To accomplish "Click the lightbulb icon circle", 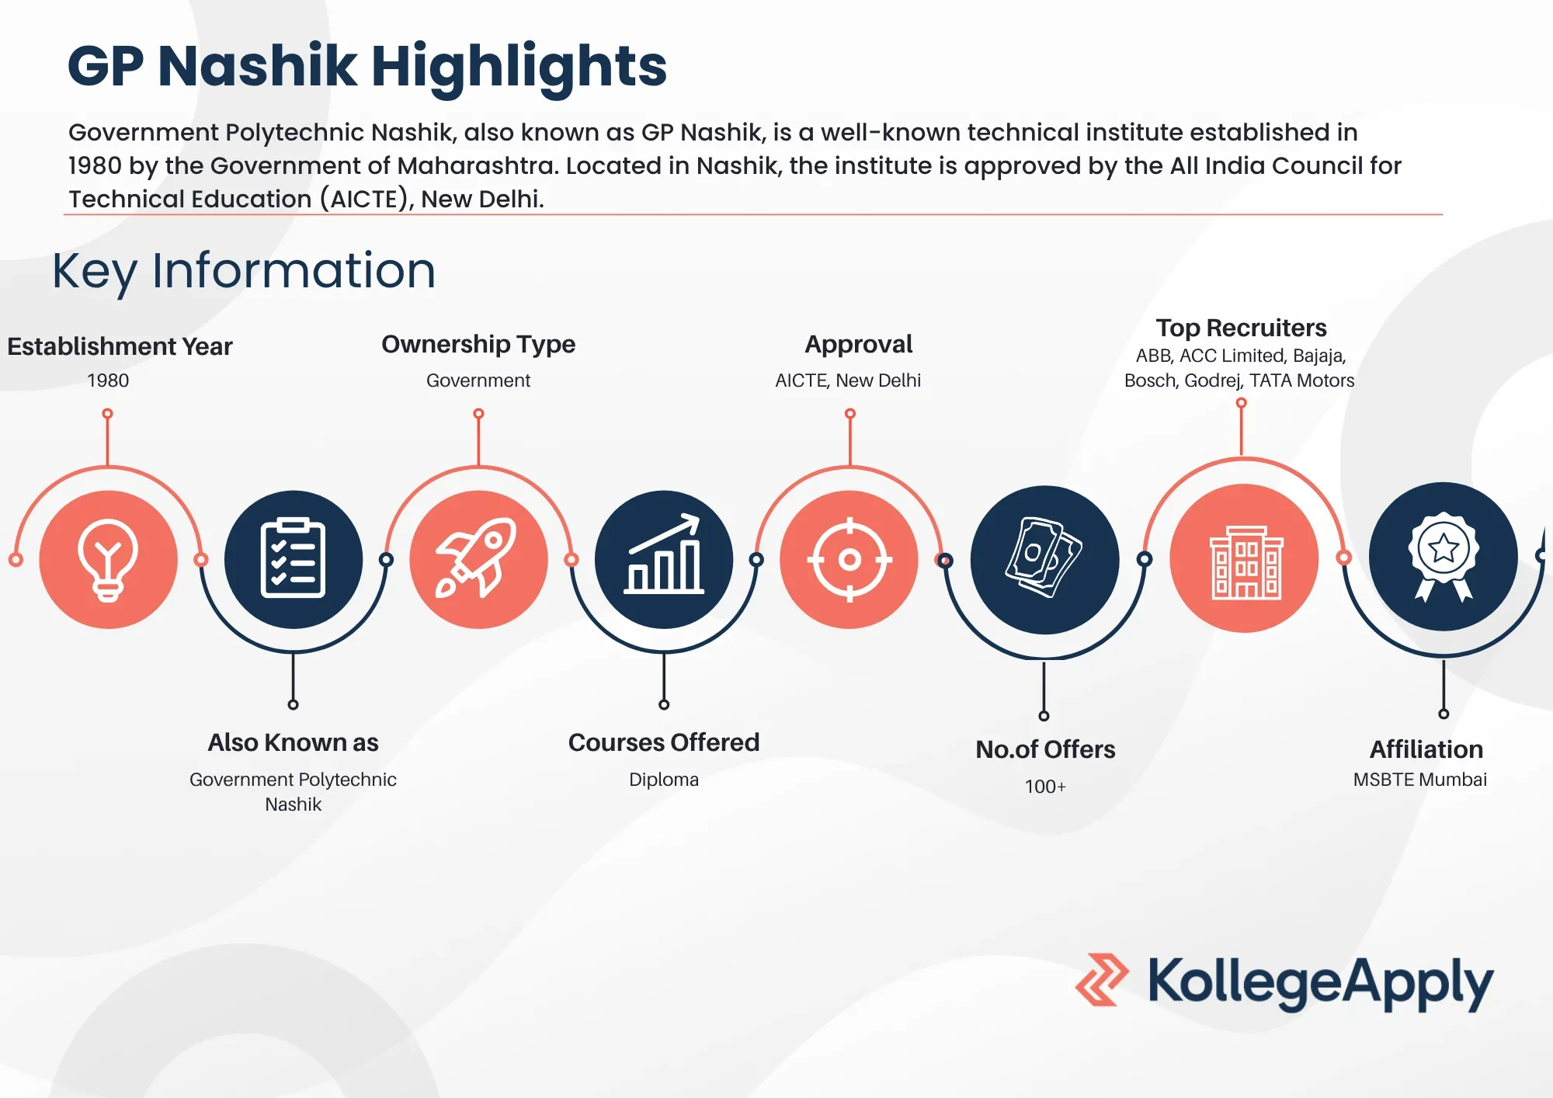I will pyautogui.click(x=108, y=559).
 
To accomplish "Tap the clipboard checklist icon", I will pyautogui.click(x=293, y=559).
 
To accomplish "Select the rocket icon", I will pyautogui.click(x=478, y=559).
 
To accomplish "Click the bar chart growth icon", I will pyautogui.click(x=664, y=559).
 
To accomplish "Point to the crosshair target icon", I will pyautogui.click(x=849, y=559).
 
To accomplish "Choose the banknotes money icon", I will pyautogui.click(x=1044, y=559).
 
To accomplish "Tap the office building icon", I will pyautogui.click(x=1245, y=559).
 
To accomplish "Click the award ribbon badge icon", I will pyautogui.click(x=1443, y=556).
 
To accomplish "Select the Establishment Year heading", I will pyautogui.click(x=120, y=346).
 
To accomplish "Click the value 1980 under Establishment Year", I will pyautogui.click(x=108, y=380).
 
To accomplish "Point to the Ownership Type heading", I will pyautogui.click(x=478, y=344).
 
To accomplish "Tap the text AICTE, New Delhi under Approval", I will pyautogui.click(x=848, y=380).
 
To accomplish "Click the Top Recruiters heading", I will pyautogui.click(x=1241, y=328).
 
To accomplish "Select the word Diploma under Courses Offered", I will pyautogui.click(x=664, y=780).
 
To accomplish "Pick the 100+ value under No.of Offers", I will pyautogui.click(x=1045, y=787).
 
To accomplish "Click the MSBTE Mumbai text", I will pyautogui.click(x=1420, y=780).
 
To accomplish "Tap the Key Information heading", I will pyautogui.click(x=244, y=271).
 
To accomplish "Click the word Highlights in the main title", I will pyautogui.click(x=519, y=66).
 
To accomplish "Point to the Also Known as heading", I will pyautogui.click(x=293, y=743).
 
